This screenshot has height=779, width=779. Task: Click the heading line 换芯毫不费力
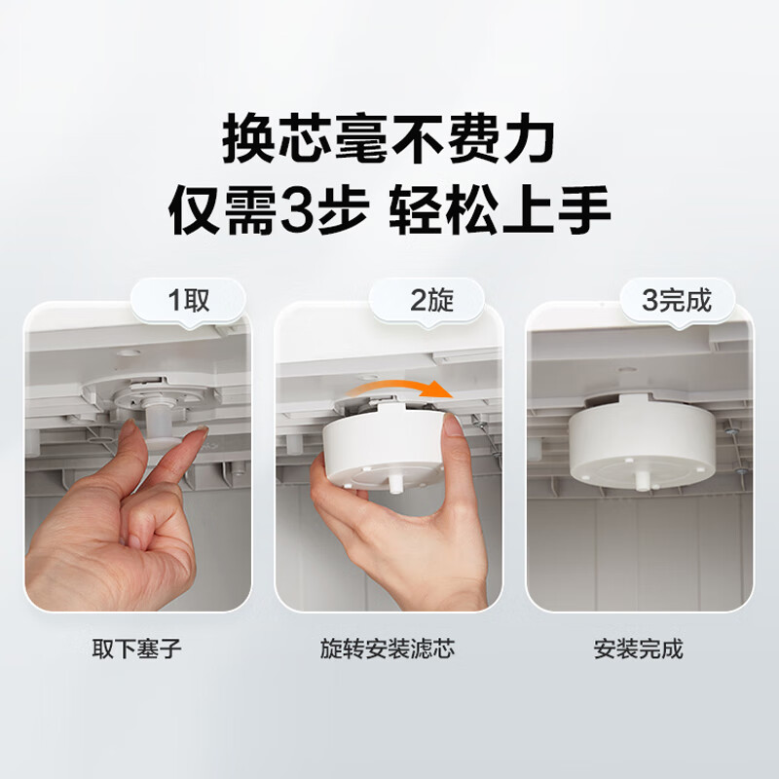(389, 137)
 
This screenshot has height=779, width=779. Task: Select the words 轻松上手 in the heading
(500, 210)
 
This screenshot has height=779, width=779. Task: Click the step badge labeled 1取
(188, 302)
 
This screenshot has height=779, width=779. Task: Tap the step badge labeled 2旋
(427, 302)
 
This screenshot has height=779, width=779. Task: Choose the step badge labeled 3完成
(677, 302)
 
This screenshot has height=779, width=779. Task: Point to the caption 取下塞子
(136, 649)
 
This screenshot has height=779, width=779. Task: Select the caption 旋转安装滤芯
(388, 649)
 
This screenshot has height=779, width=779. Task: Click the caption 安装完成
(639, 649)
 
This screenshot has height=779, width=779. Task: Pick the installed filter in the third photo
(642, 441)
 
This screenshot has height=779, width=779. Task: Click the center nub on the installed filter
(642, 481)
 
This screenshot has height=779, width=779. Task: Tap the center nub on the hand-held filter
(395, 483)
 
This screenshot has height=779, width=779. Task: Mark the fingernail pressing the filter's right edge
(454, 426)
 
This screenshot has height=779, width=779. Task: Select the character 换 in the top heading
(248, 137)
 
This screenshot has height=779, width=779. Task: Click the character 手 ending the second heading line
(584, 210)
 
